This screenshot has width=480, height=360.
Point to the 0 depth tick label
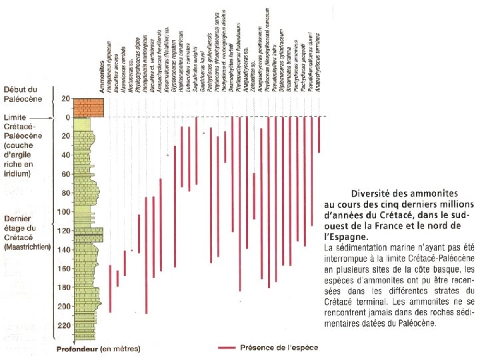pyautogui.click(x=67, y=117)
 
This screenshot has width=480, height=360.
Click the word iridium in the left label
pyautogui.click(x=18, y=173)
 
